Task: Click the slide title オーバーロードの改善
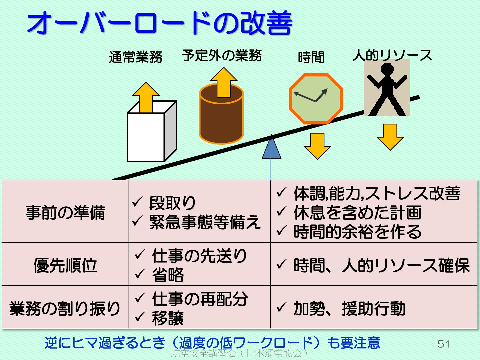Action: click(x=159, y=23)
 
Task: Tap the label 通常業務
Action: click(x=135, y=57)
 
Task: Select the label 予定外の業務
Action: click(x=222, y=55)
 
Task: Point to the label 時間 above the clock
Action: click(x=311, y=57)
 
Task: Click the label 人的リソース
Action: click(x=392, y=55)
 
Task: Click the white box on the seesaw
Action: click(x=146, y=137)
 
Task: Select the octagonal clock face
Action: click(x=316, y=99)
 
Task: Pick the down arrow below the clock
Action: click(x=317, y=146)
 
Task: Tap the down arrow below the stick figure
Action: click(x=390, y=137)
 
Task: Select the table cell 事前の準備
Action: click(x=65, y=212)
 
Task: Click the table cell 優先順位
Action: click(x=65, y=265)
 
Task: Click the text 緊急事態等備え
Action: click(x=205, y=222)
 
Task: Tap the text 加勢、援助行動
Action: click(x=349, y=308)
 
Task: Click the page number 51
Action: click(x=443, y=344)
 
